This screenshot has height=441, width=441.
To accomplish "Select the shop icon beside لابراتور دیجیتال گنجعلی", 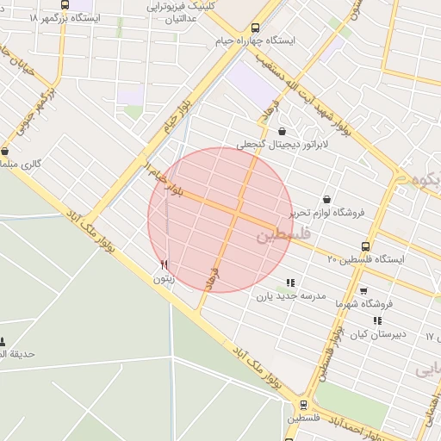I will pos(283,132).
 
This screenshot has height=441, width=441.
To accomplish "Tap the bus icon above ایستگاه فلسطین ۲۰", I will pos(365,246).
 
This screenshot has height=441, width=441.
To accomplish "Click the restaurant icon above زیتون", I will pos(164,264).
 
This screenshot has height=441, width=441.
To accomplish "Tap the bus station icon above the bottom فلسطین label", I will pos(303,404).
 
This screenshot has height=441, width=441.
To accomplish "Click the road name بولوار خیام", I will pos(177,116).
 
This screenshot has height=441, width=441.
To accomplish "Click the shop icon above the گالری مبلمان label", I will pos(5,150).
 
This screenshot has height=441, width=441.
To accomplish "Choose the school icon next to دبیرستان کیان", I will pos(377,320).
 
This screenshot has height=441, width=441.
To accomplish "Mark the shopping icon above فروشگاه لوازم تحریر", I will pos(326,199).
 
